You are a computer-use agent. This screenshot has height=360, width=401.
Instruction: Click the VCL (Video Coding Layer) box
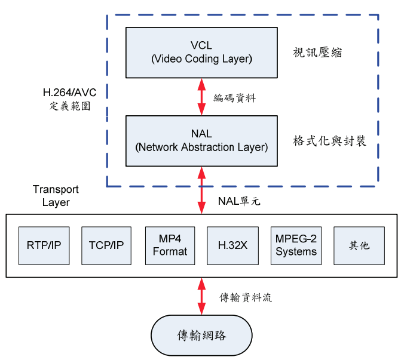tap(201, 53)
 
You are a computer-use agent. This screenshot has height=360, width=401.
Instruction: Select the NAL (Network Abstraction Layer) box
tap(201, 141)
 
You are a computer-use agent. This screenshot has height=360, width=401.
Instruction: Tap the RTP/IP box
tap(44, 245)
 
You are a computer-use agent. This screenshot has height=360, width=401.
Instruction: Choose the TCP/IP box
tap(106, 245)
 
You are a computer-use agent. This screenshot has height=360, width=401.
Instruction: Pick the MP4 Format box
tap(170, 245)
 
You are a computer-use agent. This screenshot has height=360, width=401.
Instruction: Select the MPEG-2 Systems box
tap(296, 245)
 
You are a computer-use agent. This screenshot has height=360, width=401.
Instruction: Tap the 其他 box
tap(359, 245)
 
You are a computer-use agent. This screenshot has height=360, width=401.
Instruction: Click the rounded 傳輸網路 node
tap(201, 335)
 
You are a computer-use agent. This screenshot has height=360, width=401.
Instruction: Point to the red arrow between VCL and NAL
tap(201, 97)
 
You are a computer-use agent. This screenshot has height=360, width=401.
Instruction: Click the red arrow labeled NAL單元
tap(201, 190)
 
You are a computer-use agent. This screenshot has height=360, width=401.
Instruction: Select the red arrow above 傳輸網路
tap(201, 296)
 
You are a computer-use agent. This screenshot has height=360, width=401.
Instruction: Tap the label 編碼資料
tap(235, 98)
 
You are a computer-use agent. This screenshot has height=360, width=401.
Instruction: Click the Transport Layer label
tap(56, 196)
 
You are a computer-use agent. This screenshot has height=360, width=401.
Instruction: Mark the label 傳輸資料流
tap(246, 297)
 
